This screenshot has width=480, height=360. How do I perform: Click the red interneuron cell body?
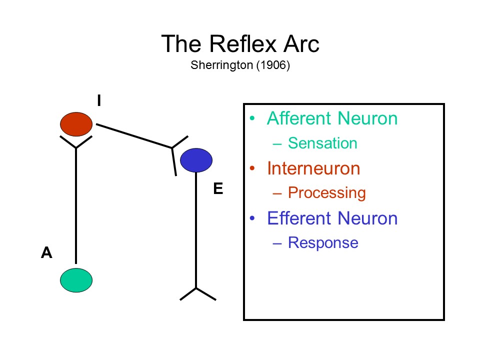(x=76, y=123)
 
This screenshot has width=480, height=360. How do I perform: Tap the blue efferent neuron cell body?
(x=196, y=160)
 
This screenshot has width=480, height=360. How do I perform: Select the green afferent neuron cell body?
(x=76, y=280)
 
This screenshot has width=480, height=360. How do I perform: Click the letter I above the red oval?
(x=99, y=101)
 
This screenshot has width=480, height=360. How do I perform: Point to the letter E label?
(x=217, y=188)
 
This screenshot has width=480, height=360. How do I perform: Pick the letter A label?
(x=46, y=253)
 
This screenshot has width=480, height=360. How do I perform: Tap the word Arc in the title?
(x=300, y=44)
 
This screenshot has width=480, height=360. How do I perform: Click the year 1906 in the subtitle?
(x=272, y=66)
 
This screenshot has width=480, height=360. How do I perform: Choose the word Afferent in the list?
(x=299, y=118)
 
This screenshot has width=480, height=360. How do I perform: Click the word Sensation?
(x=322, y=143)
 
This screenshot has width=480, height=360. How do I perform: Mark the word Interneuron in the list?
(x=313, y=168)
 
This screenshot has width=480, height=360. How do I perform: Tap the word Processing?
(x=327, y=193)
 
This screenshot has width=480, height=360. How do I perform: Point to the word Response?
(x=323, y=243)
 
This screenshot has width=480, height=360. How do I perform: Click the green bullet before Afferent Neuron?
(x=253, y=118)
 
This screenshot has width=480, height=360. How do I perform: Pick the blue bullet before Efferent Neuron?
(x=253, y=218)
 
